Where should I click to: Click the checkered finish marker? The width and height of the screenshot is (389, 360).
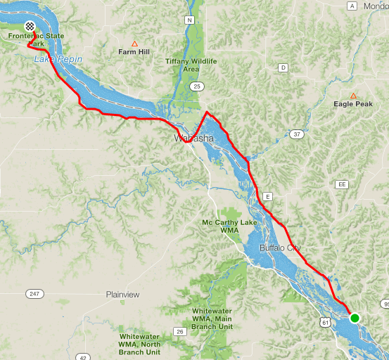point(29,26)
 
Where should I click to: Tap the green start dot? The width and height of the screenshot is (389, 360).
point(355,318)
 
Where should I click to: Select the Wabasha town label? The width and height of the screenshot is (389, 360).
point(193,139)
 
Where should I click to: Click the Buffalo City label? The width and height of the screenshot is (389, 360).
point(279,248)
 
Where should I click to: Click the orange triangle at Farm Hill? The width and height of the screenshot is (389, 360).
point(134,42)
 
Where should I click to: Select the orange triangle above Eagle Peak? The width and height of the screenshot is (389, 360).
point(353,95)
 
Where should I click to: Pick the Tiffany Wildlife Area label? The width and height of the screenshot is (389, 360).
point(191,65)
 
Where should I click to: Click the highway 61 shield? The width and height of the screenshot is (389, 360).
point(324,321)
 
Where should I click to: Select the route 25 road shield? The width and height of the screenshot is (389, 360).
point(197,86)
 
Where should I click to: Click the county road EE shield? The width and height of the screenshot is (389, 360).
point(342,184)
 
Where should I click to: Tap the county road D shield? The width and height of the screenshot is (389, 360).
point(283,68)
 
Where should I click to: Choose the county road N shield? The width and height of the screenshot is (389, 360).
point(189,20)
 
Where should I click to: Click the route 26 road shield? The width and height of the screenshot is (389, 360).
point(180,331)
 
